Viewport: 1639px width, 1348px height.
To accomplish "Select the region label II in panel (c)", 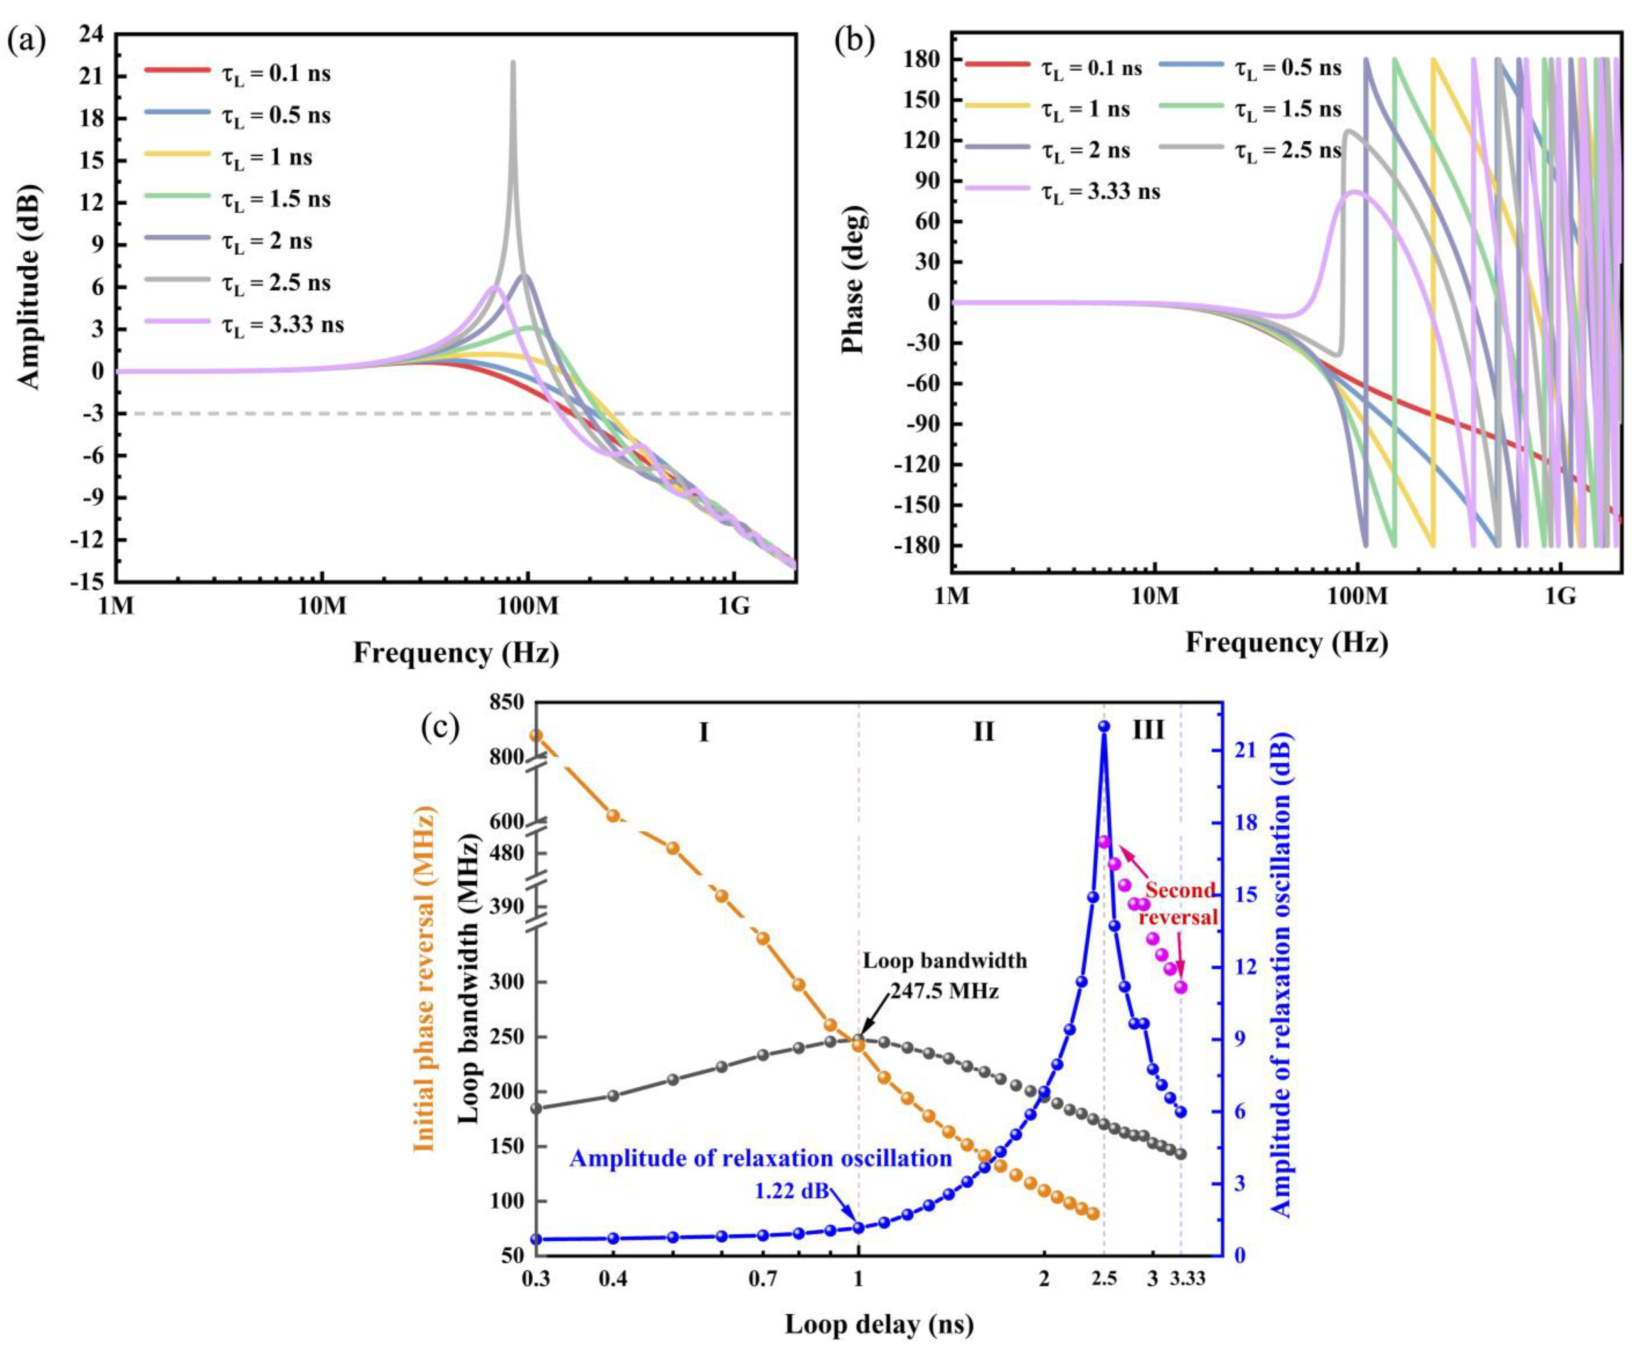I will pyautogui.click(x=984, y=731).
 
